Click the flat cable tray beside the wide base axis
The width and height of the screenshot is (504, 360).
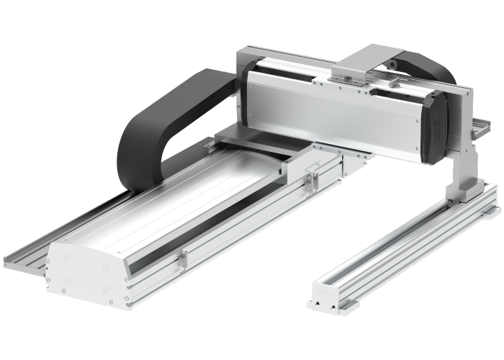[x=29, y=256]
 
